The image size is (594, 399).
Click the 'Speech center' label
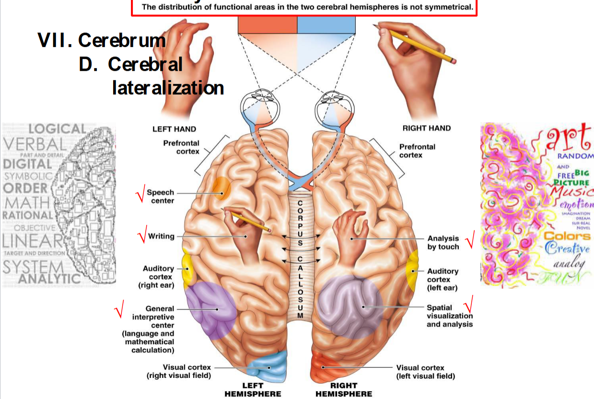tap(160, 196)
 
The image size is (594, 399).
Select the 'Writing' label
tap(161, 236)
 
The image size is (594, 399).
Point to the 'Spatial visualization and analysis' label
tap(450, 316)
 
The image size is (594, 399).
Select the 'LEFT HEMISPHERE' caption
tap(253, 390)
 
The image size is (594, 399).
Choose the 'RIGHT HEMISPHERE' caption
tap(344, 390)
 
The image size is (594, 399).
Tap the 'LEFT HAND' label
tap(174, 129)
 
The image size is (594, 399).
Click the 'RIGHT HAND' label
tap(427, 128)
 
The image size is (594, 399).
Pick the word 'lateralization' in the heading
tap(168, 88)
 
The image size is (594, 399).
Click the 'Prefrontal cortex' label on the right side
tap(417, 151)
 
